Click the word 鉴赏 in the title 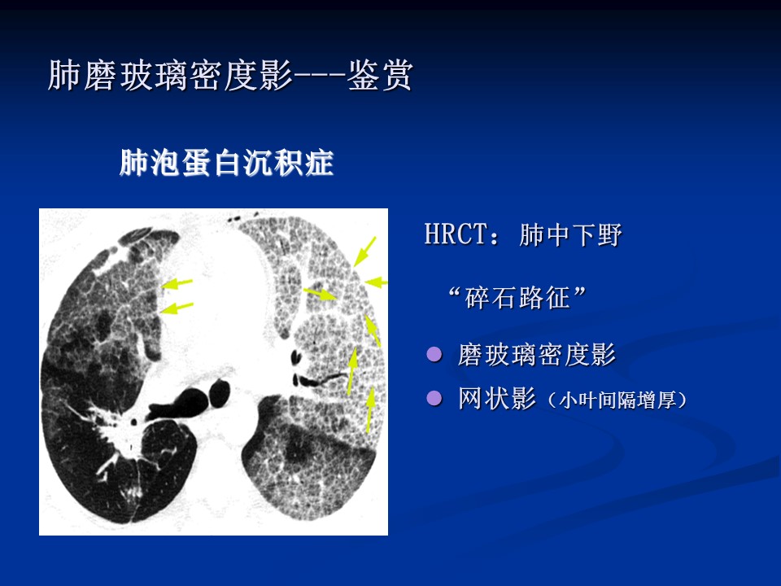pyautogui.click(x=380, y=75)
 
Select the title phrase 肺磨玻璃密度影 pyautogui.click(x=170, y=75)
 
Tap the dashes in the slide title pyautogui.click(x=320, y=76)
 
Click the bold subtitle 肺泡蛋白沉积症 pyautogui.click(x=227, y=163)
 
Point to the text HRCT pyautogui.click(x=456, y=234)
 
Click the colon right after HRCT pyautogui.click(x=495, y=236)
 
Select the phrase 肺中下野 pyautogui.click(x=570, y=234)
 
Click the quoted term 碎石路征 pyautogui.click(x=517, y=298)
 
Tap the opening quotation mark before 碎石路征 pyautogui.click(x=454, y=292)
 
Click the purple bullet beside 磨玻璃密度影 pyautogui.click(x=434, y=354)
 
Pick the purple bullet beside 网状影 pyautogui.click(x=434, y=398)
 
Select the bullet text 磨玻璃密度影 pyautogui.click(x=537, y=355)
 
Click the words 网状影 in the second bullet pyautogui.click(x=497, y=399)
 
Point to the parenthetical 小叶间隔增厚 pyautogui.click(x=617, y=400)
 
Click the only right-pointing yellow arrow pyautogui.click(x=320, y=294)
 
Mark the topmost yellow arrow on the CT pyautogui.click(x=364, y=251)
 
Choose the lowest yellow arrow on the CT pyautogui.click(x=370, y=409)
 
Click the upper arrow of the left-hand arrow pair pyautogui.click(x=177, y=284)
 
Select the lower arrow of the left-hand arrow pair pyautogui.click(x=177, y=308)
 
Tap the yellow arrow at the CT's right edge pyautogui.click(x=376, y=282)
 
